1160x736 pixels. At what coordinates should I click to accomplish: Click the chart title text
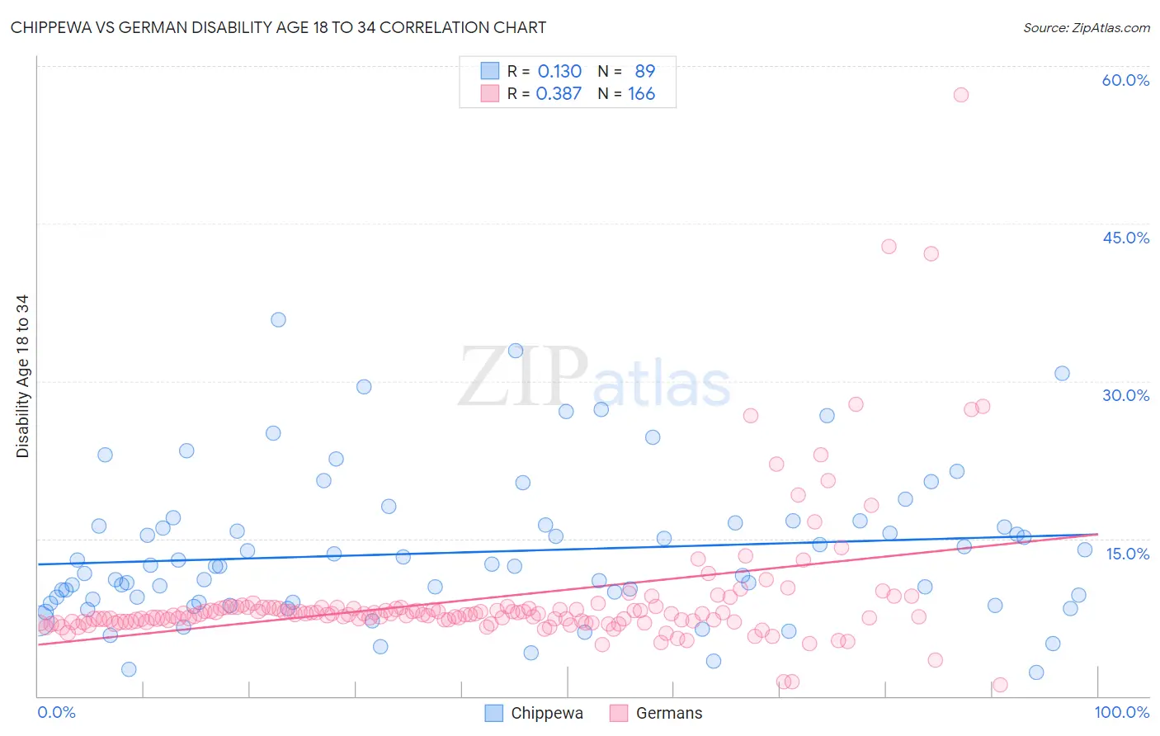point(278,28)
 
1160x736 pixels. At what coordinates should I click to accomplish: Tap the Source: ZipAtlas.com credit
point(1086,28)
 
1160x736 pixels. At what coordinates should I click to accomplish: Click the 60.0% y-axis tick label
point(1125,80)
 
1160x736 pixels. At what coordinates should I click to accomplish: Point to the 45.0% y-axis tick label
point(1125,238)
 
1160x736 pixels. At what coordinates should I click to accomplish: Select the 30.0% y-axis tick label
point(1125,395)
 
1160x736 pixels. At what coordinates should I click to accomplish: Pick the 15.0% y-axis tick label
point(1127,554)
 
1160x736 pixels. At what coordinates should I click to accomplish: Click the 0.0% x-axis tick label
point(56,712)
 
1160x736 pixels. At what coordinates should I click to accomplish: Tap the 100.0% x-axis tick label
point(1121,712)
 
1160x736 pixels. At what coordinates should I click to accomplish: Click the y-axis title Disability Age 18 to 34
point(22,376)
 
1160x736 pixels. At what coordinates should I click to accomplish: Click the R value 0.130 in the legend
point(559,71)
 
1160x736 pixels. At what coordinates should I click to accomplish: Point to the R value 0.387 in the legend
point(559,94)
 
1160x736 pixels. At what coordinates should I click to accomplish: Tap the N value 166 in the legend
point(641,94)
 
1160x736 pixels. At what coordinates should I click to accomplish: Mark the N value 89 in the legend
point(644,71)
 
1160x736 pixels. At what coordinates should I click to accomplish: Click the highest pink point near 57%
point(960,95)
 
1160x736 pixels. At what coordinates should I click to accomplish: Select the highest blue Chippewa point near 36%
point(278,319)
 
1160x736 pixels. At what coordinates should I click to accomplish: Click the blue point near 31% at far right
point(1062,374)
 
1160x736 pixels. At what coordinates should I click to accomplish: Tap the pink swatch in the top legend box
point(490,93)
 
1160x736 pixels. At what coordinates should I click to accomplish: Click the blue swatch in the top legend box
point(490,71)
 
